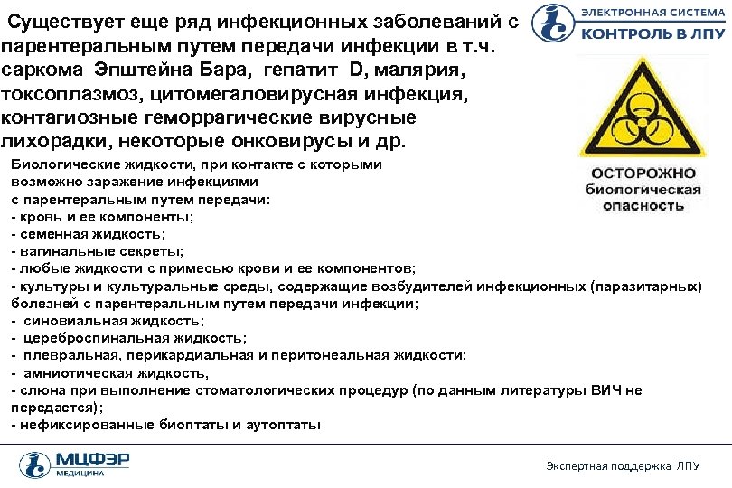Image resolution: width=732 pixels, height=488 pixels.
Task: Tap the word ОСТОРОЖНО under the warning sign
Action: [643, 173]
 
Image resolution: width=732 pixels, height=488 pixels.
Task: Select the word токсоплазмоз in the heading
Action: [68, 94]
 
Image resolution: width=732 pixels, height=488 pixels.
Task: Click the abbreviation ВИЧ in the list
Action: [605, 390]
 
